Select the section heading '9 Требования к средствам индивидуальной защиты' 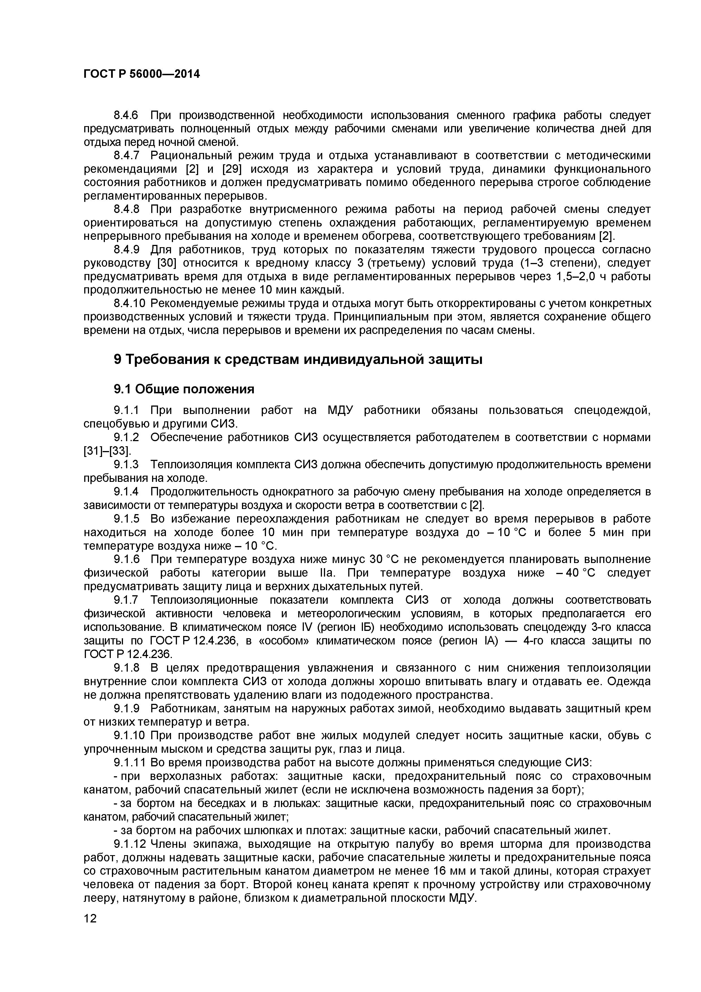click(x=298, y=359)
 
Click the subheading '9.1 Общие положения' click(x=184, y=389)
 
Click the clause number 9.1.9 click(x=127, y=709)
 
